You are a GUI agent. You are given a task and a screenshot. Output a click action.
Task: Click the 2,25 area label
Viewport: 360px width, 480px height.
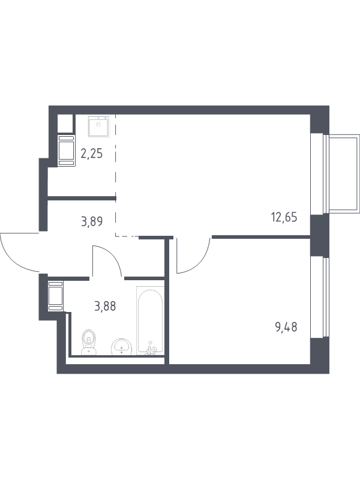tap(92, 154)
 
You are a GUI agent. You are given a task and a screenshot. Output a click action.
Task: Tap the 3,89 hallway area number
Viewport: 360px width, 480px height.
tap(92, 221)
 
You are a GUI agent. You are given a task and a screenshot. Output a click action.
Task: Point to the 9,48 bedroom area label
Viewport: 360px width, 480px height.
tap(286, 328)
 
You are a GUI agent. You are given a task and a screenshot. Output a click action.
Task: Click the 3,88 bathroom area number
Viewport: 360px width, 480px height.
tap(106, 306)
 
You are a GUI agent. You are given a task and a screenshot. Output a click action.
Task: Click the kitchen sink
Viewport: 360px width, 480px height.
tap(98, 126)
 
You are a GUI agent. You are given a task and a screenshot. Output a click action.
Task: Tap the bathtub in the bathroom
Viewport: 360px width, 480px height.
tap(150, 321)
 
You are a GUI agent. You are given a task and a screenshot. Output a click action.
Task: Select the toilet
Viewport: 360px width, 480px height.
tap(89, 342)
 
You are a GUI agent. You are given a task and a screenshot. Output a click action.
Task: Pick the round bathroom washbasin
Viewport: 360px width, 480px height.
tap(121, 347)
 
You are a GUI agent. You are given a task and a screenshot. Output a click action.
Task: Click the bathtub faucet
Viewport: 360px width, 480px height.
tap(151, 349)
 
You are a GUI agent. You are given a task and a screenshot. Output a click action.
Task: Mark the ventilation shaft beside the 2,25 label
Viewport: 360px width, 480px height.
tap(67, 151)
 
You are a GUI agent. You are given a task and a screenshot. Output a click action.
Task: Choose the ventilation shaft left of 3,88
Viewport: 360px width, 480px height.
tap(56, 296)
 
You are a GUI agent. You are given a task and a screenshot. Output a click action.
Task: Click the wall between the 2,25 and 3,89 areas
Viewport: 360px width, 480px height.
tap(82, 199)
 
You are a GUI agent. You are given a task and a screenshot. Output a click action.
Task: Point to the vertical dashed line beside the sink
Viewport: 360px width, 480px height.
tap(116, 175)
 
